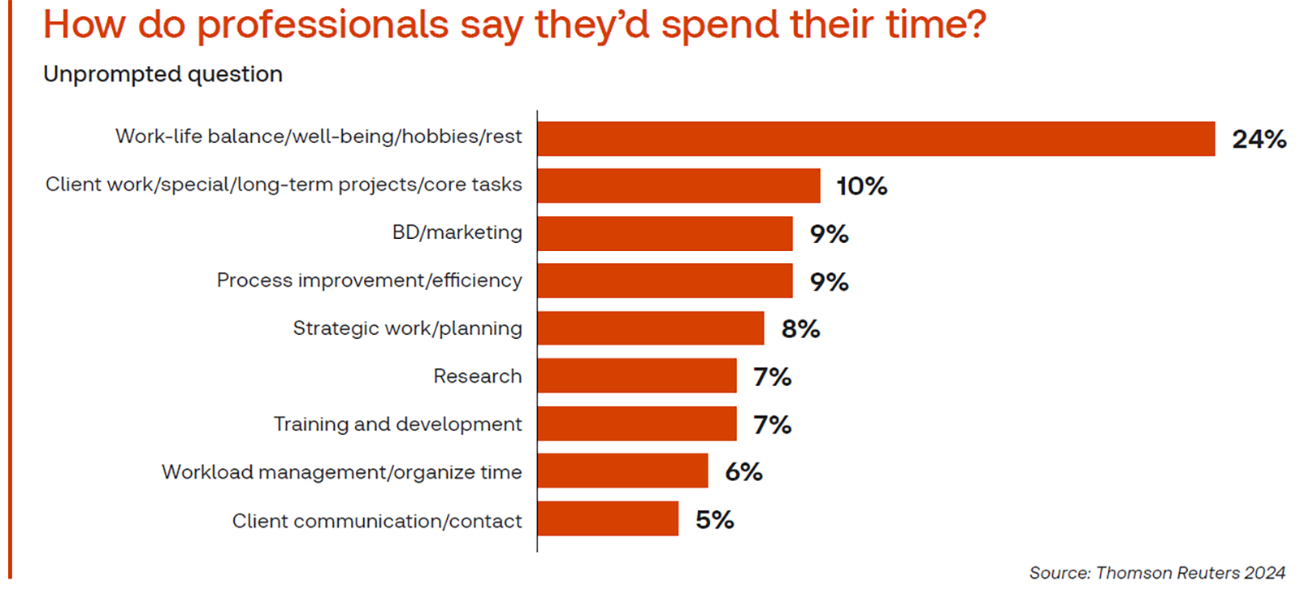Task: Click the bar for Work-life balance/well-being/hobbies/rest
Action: pos(876,138)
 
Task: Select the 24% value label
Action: pos(1259,139)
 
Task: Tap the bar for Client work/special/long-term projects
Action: pos(678,186)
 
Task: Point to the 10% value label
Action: pos(861,186)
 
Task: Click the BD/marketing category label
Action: pos(457,232)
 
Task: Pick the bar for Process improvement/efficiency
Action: pos(665,281)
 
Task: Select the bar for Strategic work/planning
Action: pos(650,328)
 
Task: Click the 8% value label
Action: pos(800,329)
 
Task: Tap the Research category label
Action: pos(477,376)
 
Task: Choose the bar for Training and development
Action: pos(636,424)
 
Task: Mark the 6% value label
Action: pos(743,472)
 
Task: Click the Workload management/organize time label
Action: pos(341,472)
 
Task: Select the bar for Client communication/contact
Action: pos(608,519)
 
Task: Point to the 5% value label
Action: pos(714,520)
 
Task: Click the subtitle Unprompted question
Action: pos(162,74)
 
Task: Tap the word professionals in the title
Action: pos(323,24)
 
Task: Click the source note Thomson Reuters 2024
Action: pos(1157,573)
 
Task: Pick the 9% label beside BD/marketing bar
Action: pos(829,234)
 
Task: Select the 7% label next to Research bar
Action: pos(772,377)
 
